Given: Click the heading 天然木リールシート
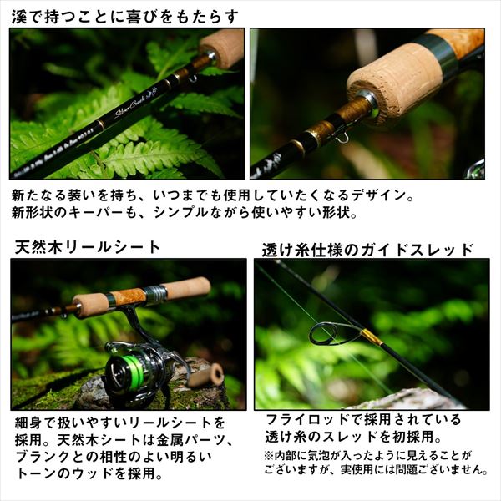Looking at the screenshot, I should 88,247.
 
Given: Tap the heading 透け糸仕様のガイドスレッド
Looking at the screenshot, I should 367,249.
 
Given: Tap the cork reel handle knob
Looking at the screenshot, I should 205,375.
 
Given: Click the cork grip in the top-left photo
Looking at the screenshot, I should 222,48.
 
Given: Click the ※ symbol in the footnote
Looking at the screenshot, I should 268,455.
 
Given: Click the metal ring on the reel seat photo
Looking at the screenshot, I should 155,294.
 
